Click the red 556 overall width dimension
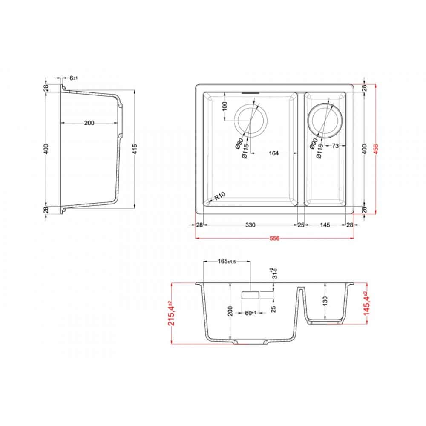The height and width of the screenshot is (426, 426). coord(274,238)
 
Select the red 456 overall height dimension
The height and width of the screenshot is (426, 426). coord(375,149)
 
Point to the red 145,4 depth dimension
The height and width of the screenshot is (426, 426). coord(366,303)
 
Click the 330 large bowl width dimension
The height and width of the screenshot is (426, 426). coord(250,225)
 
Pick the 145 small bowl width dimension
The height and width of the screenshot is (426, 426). coord(325,225)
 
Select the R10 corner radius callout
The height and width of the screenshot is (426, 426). coord(220,196)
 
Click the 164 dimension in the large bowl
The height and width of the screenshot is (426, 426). coord(274,153)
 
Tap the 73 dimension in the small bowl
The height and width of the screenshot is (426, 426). coord(336,146)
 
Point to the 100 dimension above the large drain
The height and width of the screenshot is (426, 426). coord(225,106)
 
